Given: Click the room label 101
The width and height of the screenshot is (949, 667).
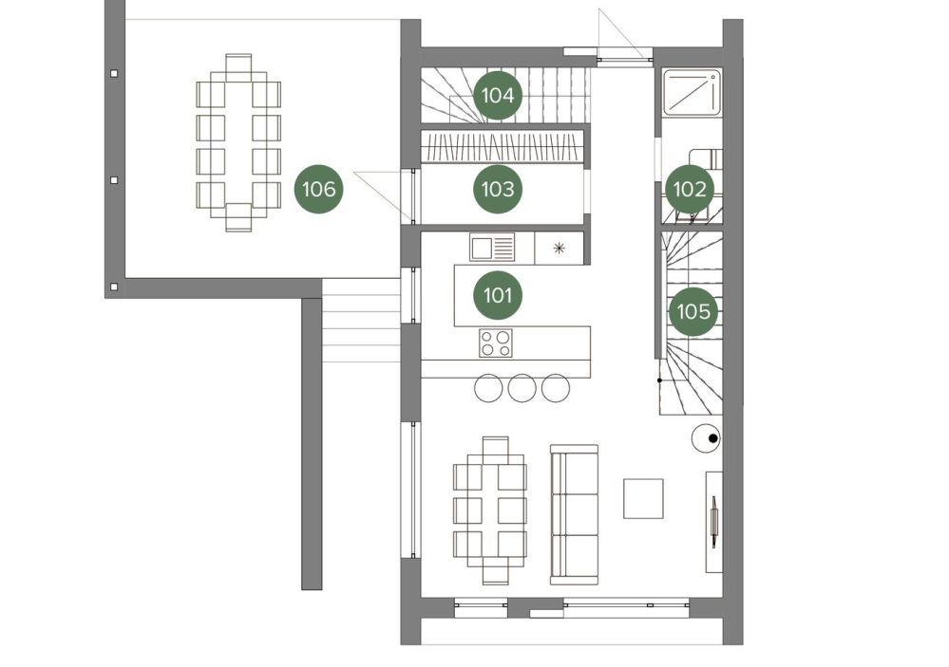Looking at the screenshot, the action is coord(498,295).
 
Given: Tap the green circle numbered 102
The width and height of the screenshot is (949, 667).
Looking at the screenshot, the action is coord(690,189).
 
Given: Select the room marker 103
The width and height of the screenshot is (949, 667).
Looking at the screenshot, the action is coord(498,189).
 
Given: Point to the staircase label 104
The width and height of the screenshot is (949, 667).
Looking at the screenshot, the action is coord(498,96).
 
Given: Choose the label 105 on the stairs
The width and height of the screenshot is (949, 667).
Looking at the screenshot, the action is coord(693,311).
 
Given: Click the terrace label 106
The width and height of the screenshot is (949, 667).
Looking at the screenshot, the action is coord(319,189).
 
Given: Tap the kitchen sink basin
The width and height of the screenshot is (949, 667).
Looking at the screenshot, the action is coord(483,248).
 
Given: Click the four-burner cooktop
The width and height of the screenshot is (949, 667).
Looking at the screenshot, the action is coord(496,343).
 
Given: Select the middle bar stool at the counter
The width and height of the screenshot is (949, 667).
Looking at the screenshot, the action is coord(522,388).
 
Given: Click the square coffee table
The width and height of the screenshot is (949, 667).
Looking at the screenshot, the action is coord(643,498).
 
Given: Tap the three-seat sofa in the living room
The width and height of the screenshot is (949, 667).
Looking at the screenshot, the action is coord(574,514).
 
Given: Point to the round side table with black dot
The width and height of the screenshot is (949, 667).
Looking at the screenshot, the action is coord(706,438).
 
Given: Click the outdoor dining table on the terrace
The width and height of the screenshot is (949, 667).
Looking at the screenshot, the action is coord(238,142).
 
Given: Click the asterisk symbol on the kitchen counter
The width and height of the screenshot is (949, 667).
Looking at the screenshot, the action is coord(560,248).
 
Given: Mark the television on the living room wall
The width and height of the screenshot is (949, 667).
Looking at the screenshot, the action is coord(714,521).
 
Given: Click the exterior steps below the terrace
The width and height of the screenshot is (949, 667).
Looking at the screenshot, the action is coord(361,321).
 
